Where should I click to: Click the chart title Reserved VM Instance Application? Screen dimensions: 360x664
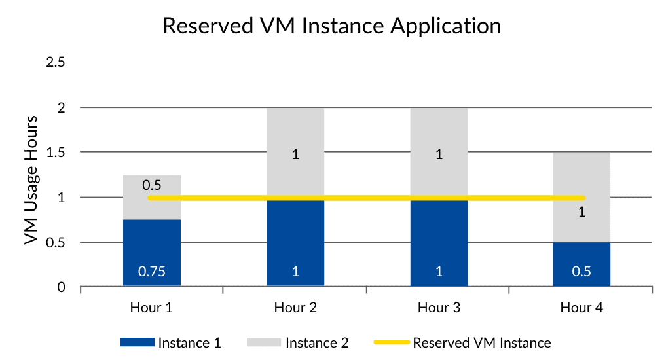coord(331,26)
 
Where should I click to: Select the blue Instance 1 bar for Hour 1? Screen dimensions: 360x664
coord(152,252)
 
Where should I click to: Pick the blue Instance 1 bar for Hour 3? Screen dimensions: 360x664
coord(439,242)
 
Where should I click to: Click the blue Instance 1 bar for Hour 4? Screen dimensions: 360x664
coord(581,264)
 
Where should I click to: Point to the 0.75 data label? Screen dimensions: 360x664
coord(152,272)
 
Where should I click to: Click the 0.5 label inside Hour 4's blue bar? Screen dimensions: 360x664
coord(581,272)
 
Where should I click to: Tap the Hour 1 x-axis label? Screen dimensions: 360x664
coord(152,307)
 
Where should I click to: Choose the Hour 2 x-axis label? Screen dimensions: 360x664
coord(295,307)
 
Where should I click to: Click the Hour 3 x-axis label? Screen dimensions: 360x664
coord(439,307)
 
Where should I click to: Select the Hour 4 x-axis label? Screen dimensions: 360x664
coord(581,307)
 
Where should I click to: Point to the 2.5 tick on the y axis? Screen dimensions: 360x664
coord(55,62)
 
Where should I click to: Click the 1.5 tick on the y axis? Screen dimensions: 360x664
coord(55,153)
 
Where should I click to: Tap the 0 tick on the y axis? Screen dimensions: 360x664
coord(62,287)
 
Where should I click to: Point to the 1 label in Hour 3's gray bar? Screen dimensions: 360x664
coord(439,156)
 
